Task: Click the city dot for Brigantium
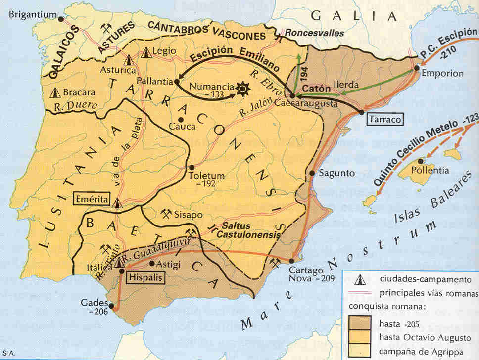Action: pos(61,19)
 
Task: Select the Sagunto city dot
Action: pos(313,173)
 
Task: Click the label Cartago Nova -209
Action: pos(312,274)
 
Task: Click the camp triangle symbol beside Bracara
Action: pos(55,92)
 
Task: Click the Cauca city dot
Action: pos(181,119)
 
